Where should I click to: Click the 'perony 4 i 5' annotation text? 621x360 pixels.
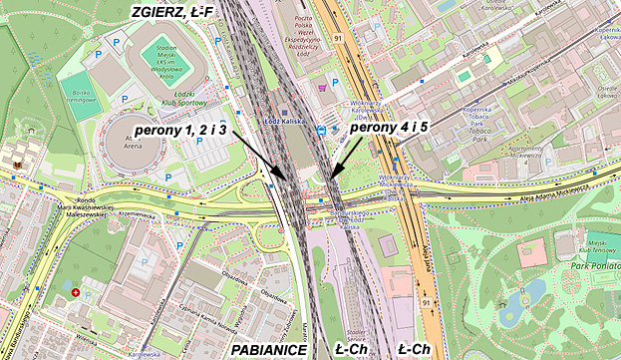[x=392, y=126]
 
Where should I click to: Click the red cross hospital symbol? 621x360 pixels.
[x=76, y=293]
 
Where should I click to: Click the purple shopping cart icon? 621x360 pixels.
[x=321, y=87]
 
